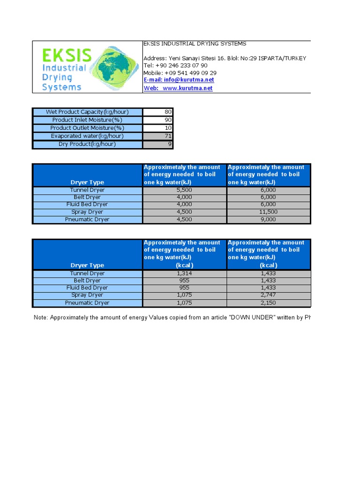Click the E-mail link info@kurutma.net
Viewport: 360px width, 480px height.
pos(179,80)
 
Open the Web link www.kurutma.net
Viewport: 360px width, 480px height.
pos(178,88)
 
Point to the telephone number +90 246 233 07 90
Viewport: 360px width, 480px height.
pos(175,66)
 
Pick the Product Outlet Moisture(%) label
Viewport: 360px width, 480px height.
pos(87,128)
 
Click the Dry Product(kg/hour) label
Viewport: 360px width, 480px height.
pos(87,144)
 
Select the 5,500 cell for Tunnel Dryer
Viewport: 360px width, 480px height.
pos(184,190)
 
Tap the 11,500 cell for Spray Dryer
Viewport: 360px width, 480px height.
pos(268,212)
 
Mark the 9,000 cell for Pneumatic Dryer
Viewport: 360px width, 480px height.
pos(268,219)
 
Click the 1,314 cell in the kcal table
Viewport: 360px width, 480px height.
pos(184,273)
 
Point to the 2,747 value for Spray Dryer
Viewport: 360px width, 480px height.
pos(268,295)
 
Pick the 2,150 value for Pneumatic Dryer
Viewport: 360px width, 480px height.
pos(268,303)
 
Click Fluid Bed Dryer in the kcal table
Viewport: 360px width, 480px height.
pos(87,288)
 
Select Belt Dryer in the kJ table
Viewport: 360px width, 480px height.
pos(87,197)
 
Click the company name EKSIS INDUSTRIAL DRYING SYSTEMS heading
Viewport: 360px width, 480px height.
pos(195,44)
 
